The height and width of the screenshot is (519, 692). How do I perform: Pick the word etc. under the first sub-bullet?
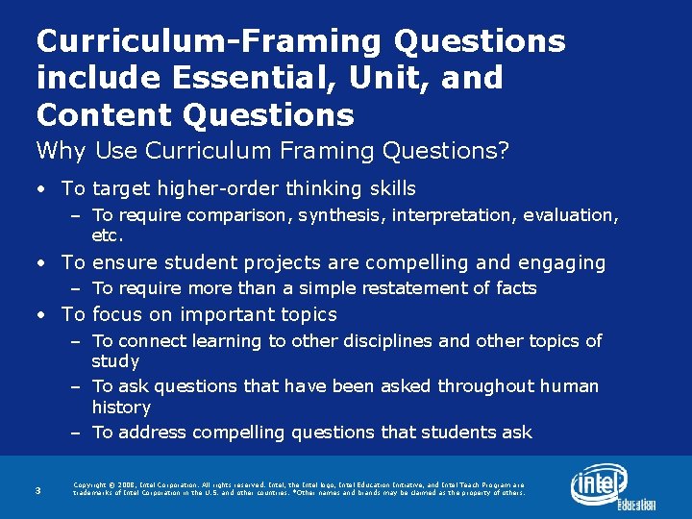click(109, 235)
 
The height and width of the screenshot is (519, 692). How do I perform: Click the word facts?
click(515, 288)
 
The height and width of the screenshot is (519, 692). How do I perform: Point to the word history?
click(121, 408)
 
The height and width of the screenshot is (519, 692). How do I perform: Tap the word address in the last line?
click(157, 432)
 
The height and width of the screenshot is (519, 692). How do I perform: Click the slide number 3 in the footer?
click(37, 491)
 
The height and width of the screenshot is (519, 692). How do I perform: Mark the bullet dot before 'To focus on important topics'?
click(41, 315)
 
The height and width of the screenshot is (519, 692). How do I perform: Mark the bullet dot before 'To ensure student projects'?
click(41, 263)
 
